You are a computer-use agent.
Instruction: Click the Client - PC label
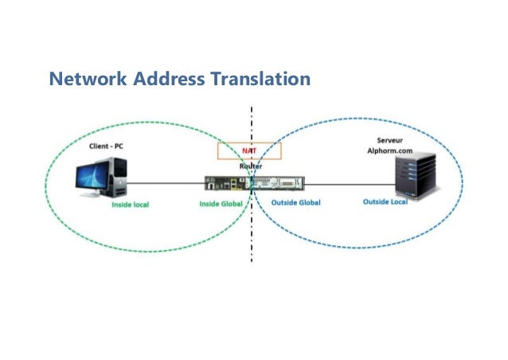click(x=106, y=147)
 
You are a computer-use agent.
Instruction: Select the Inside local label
click(x=130, y=204)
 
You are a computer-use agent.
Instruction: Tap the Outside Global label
click(x=294, y=203)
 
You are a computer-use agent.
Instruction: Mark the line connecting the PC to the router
click(x=163, y=183)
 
